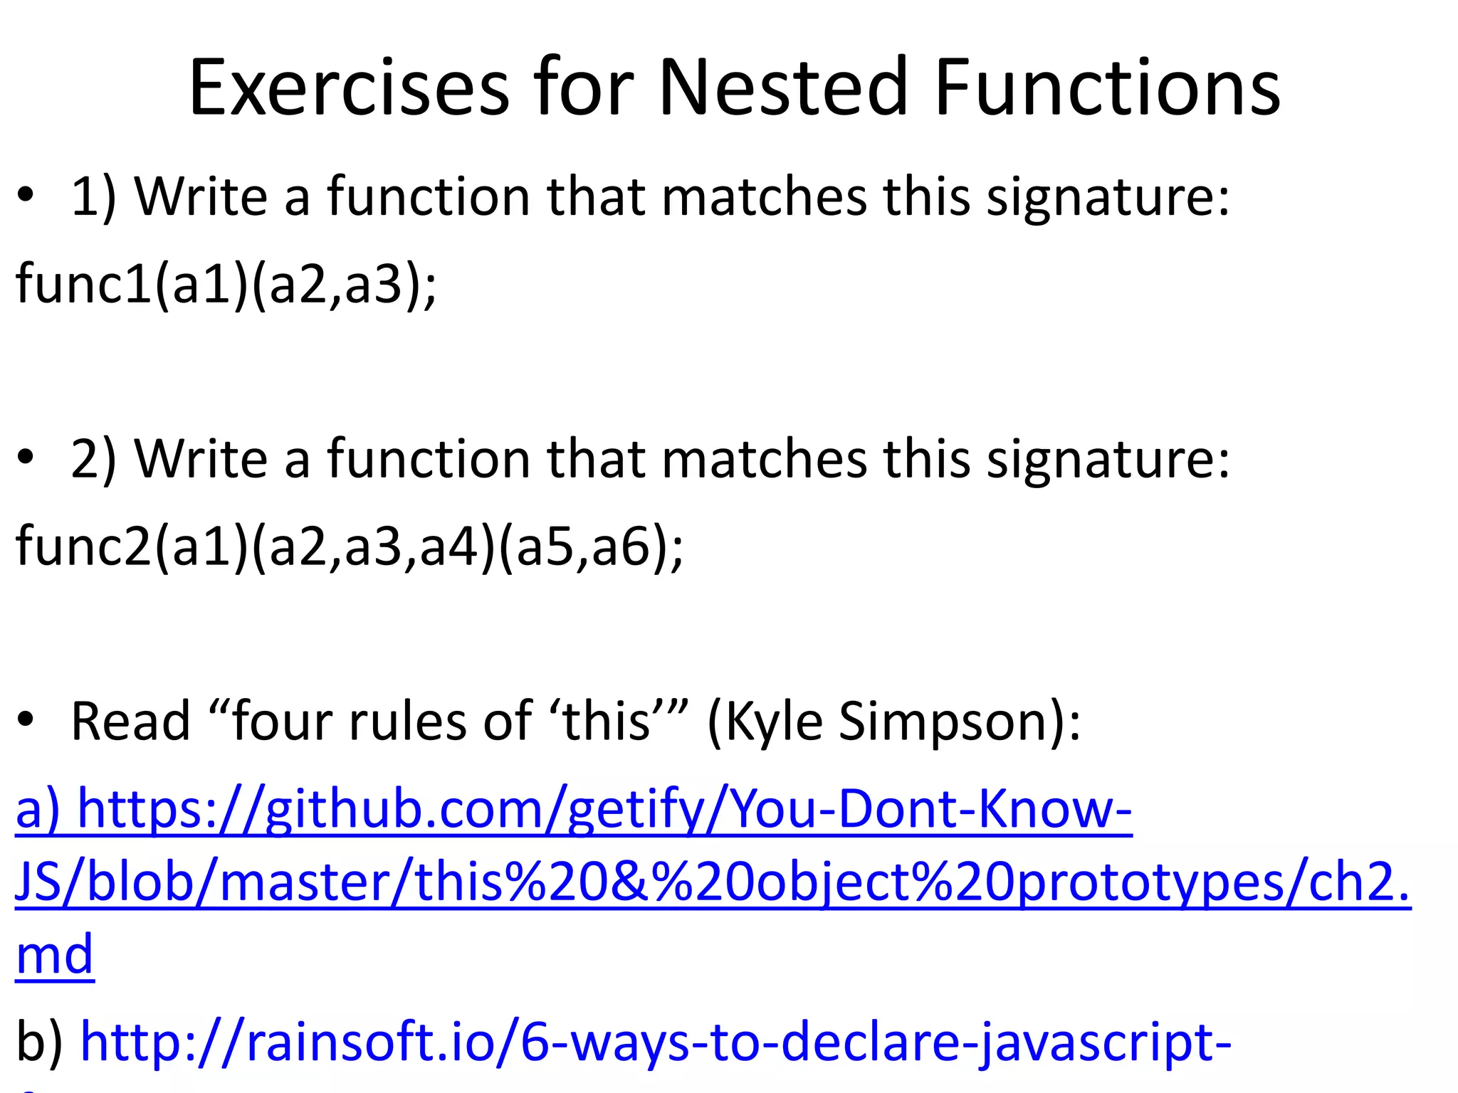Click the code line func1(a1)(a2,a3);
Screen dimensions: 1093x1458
[226, 284]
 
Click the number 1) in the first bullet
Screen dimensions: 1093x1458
[93, 196]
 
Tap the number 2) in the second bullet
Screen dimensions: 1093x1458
[93, 459]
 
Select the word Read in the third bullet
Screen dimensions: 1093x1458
[131, 722]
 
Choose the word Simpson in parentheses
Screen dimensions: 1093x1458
[950, 722]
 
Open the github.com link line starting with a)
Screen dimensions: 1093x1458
[573, 810]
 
